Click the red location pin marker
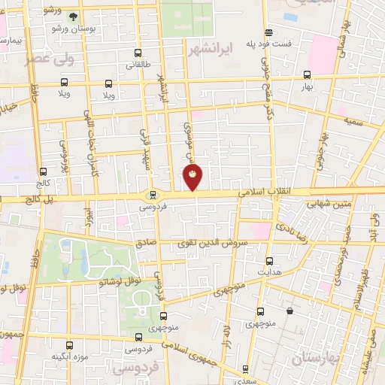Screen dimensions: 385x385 193,178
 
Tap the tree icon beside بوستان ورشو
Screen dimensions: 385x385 74,16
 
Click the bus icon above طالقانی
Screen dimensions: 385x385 137,53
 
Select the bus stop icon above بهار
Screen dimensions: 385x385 307,74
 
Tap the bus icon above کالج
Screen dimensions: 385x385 43,171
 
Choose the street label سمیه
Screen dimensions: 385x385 353,120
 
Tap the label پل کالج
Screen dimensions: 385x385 32,200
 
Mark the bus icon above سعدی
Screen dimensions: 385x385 244,369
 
